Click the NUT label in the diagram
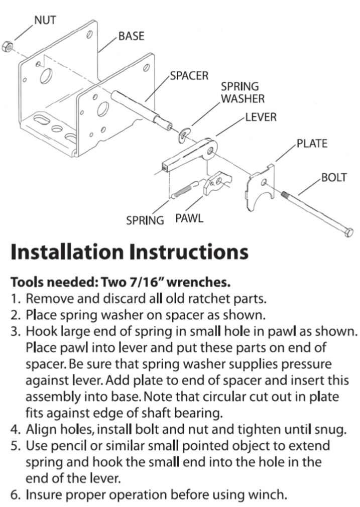45,21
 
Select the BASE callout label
132,36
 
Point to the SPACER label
189,76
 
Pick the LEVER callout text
261,117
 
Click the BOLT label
334,178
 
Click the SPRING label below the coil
145,220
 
